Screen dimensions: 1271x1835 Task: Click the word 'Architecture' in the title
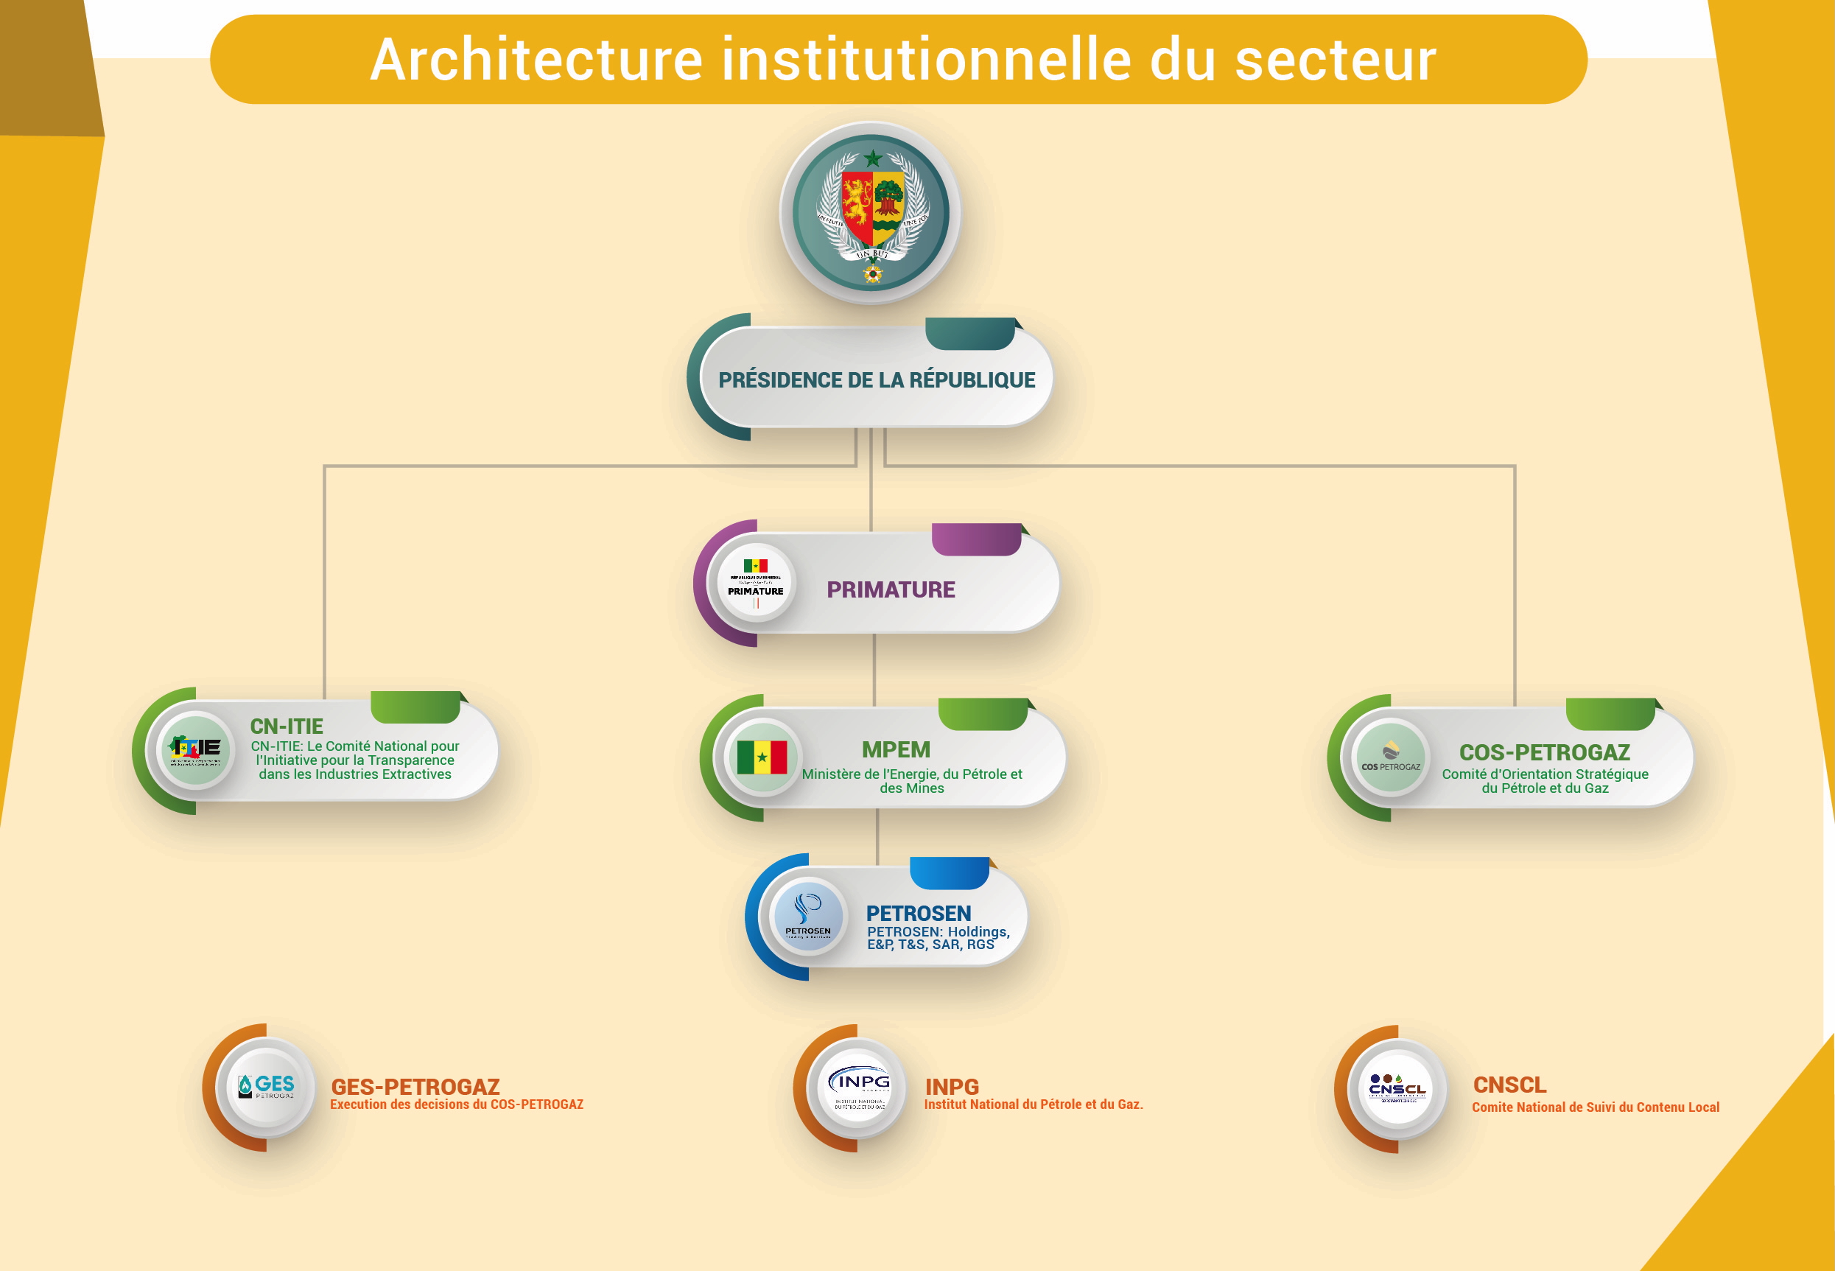tap(536, 60)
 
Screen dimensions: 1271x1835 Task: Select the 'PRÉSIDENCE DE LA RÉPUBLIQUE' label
tap(877, 380)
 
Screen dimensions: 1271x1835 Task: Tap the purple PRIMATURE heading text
tap(890, 589)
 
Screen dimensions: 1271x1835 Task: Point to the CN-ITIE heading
tap(287, 726)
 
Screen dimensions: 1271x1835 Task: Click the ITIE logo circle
tap(196, 749)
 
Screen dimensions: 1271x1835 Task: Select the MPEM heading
tap(896, 749)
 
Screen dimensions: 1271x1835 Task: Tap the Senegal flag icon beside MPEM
tap(762, 757)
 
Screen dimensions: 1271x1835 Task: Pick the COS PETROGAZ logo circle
tap(1390, 757)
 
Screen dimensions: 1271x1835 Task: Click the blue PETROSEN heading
tap(918, 914)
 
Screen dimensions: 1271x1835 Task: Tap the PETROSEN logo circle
tap(808, 916)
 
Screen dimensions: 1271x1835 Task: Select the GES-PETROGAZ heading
tap(415, 1086)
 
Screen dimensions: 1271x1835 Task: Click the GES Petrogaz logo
tap(266, 1086)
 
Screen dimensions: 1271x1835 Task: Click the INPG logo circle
tap(859, 1087)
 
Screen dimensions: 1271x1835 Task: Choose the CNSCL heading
tap(1509, 1085)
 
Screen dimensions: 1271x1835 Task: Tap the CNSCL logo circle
tap(1397, 1088)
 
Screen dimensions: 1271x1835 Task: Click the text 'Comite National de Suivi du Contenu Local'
tap(1595, 1107)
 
